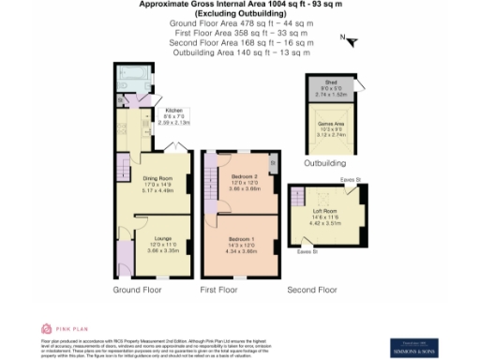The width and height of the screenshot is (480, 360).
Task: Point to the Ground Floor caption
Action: coord(138,291)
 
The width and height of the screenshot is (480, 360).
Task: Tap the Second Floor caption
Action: coord(312,291)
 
